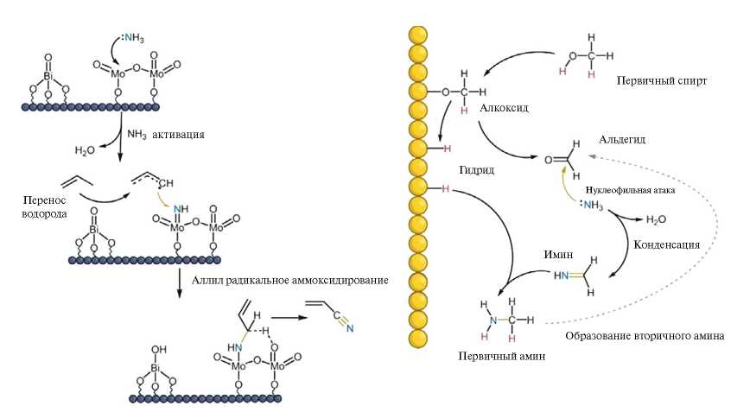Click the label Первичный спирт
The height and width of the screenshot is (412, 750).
tap(662, 80)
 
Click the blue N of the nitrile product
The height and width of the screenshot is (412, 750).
tap(351, 326)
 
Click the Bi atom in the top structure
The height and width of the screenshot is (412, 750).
tap(48, 77)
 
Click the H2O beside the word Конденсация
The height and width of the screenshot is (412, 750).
tap(656, 219)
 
